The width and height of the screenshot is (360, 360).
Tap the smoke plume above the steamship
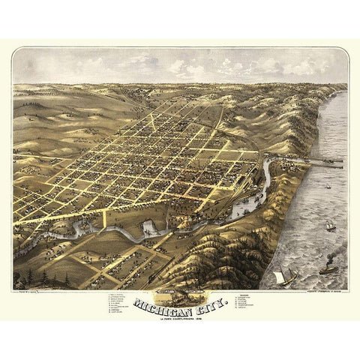[330, 255]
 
